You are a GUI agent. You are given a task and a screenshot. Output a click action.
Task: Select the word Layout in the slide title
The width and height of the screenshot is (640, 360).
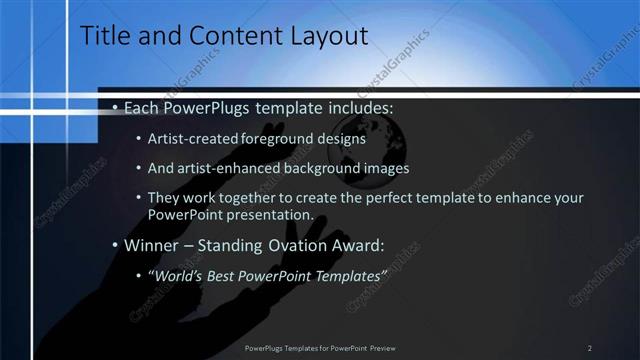coord(326,36)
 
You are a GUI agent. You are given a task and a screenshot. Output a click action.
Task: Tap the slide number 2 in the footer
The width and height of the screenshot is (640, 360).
coord(589,348)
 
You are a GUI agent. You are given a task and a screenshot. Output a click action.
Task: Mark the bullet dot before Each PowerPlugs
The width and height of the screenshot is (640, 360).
coord(115,106)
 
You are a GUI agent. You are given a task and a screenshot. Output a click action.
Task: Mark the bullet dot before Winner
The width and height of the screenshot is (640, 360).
coord(115,244)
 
